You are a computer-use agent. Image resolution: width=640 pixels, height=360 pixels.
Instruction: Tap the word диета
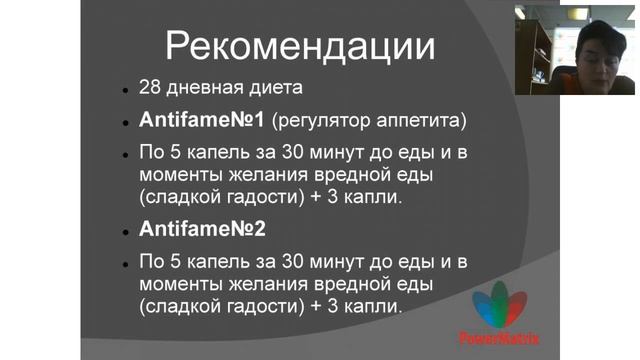coord(269,89)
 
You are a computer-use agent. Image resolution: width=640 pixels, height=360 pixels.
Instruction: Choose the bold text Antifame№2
coord(202,229)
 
